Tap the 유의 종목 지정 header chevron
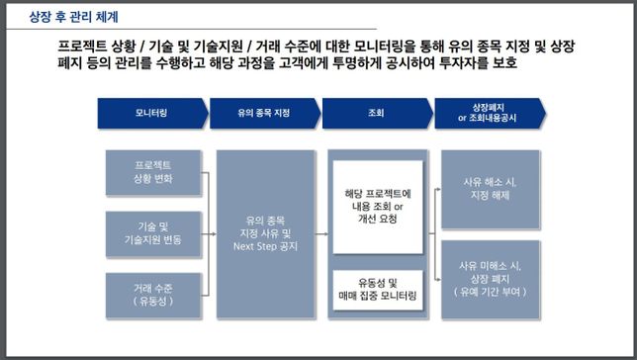[x=264, y=114]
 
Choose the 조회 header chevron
[x=376, y=114]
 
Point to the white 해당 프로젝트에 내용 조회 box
[x=377, y=205]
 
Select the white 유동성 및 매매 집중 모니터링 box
[x=377, y=289]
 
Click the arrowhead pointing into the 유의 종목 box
[x=214, y=234]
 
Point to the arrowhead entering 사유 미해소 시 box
[x=437, y=278]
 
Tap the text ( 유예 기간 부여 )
[x=490, y=293]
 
